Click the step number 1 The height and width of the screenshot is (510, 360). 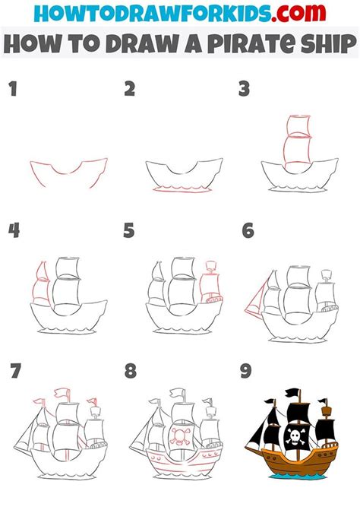click(11, 90)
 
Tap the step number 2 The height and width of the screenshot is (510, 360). click(130, 90)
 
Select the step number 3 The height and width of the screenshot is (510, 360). click(244, 90)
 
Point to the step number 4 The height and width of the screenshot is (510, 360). click(13, 230)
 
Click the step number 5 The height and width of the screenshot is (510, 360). click(130, 230)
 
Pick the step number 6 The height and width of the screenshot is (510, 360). click(247, 230)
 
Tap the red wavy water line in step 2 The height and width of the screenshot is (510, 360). click(182, 188)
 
